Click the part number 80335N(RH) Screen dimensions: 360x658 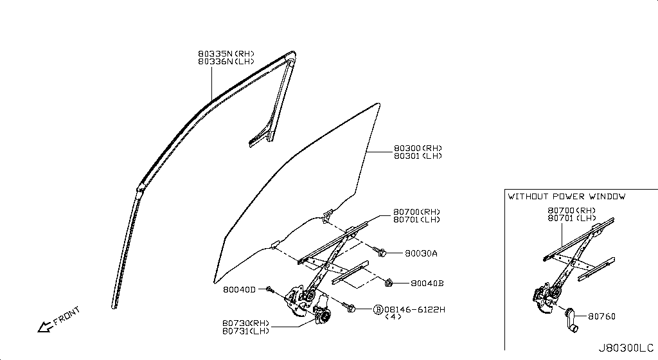click(x=226, y=53)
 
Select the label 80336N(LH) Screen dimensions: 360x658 click(x=226, y=62)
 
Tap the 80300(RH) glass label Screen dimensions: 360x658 click(x=418, y=148)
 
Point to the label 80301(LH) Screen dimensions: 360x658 click(x=418, y=156)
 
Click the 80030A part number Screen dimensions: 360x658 click(x=421, y=254)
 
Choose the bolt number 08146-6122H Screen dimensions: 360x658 click(x=414, y=309)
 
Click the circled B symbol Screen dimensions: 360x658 click(x=378, y=309)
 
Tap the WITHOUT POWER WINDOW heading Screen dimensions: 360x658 click(x=566, y=197)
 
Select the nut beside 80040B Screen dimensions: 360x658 click(x=389, y=282)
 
